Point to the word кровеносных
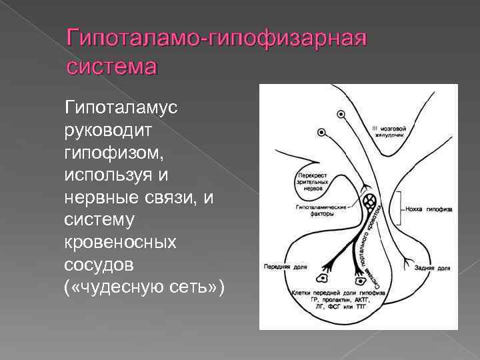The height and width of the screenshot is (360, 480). tap(121, 242)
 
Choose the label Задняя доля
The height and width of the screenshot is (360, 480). tap(434, 268)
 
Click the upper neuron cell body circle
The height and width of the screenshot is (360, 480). tap(342, 115)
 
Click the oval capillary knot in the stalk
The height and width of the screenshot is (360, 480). tap(369, 200)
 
